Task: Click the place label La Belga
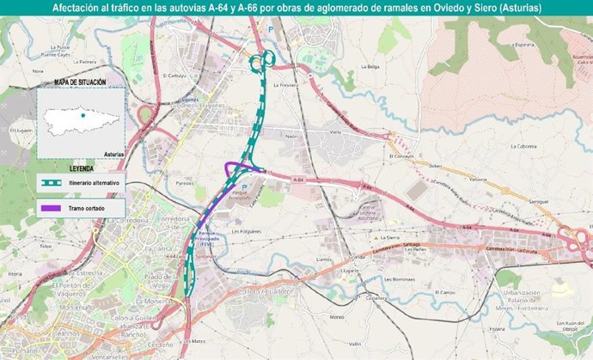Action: pos(370,66)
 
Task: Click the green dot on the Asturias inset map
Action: pos(82,114)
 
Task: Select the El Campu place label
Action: pos(447,293)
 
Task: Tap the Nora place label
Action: pos(37,71)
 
